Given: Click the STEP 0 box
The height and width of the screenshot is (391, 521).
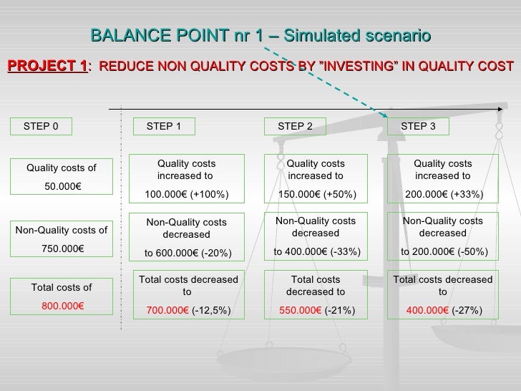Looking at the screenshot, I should click(41, 127).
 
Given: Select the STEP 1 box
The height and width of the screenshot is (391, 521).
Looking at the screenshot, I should click(164, 127).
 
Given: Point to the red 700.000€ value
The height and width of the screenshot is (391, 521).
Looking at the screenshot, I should click(167, 311).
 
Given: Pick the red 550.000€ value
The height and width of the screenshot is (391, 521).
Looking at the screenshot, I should click(299, 311).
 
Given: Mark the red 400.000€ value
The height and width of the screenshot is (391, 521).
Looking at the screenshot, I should click(427, 311).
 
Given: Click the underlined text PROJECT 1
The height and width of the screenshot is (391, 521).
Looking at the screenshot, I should click(47, 67).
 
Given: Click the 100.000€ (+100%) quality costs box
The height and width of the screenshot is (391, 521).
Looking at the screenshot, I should click(186, 179).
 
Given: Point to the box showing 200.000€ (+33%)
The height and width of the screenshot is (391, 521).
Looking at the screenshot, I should click(442, 179).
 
